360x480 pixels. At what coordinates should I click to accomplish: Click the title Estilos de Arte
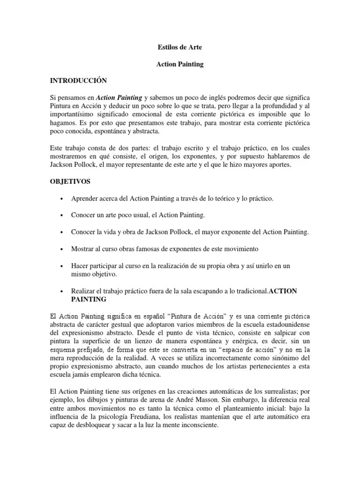[180, 48]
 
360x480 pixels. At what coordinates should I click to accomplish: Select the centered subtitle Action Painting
[180, 64]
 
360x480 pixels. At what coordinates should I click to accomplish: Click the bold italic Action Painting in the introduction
[119, 97]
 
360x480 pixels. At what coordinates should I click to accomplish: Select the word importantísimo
[75, 114]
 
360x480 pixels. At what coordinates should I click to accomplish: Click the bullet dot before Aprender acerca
[62, 199]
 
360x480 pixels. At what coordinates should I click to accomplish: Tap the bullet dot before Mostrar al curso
[62, 248]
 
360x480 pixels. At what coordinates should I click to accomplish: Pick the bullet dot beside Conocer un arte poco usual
[62, 215]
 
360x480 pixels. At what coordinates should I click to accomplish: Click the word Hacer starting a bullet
[80, 265]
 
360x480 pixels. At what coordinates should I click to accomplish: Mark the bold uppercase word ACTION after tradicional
[285, 291]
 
